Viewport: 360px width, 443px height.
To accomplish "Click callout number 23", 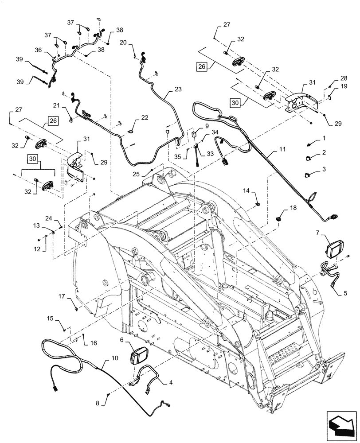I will [x=178, y=89].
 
